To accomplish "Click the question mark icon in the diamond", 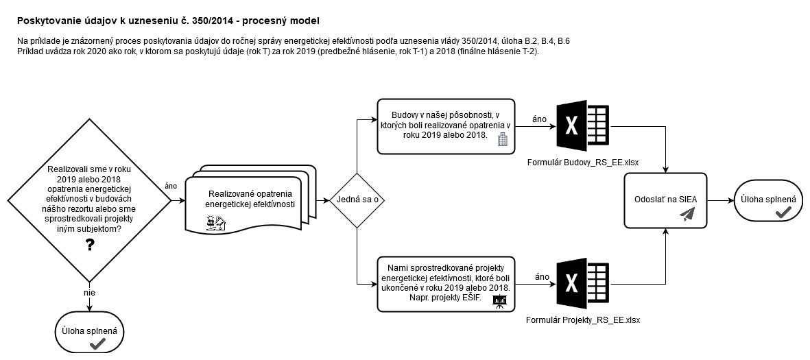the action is point(90,245).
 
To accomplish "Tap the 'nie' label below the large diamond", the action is point(89,293).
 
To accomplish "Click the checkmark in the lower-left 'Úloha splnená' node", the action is point(98,343).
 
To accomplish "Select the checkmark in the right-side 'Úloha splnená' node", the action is point(784,211).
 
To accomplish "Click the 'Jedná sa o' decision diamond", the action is point(357,200).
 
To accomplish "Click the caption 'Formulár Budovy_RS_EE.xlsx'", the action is point(583,163).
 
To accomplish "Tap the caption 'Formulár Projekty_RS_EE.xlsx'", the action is point(583,320).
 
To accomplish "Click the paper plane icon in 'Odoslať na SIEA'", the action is point(688,215).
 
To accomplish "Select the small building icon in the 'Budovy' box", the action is point(502,140).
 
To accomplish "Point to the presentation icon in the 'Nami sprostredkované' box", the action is point(499,302).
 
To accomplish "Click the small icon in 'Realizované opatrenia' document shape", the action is point(216,223).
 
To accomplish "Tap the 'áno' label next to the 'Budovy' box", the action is point(539,120).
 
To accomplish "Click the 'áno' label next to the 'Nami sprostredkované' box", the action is point(542,277).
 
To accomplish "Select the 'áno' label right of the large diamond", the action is point(171,187).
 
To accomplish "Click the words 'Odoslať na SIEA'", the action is point(665,200).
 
